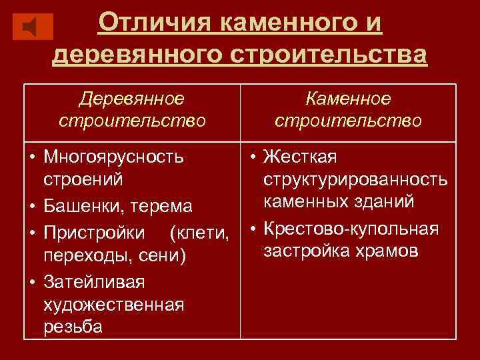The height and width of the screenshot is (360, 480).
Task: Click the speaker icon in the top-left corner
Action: (33, 27)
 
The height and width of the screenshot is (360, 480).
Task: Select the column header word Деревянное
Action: (131, 99)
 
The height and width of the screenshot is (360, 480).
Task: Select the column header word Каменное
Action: (348, 99)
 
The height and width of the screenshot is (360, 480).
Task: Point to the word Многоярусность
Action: (114, 157)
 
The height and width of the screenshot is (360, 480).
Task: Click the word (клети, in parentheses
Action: (200, 233)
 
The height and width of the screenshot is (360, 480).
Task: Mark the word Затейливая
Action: (94, 281)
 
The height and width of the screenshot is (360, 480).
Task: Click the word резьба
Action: (73, 327)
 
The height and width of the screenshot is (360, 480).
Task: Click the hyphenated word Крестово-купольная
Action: (351, 229)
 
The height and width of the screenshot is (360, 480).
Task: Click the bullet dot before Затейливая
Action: (32, 281)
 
